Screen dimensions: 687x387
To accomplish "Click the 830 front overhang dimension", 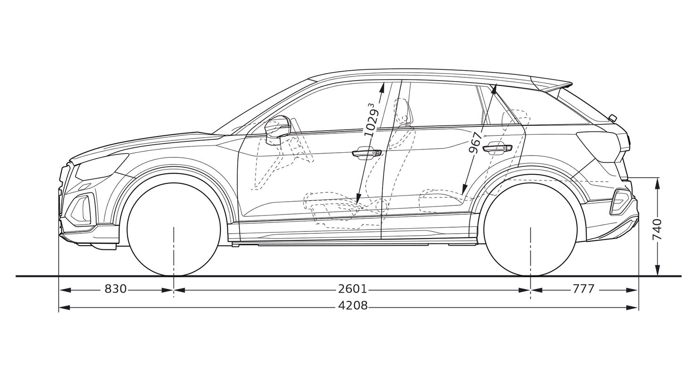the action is tap(115, 288).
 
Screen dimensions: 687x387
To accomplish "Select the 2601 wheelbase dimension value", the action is tap(353, 288).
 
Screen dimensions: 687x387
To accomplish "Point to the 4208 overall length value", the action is tap(353, 305).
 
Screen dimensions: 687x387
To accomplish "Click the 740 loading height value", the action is tap(657, 230).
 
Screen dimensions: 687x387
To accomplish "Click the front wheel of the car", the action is tap(174, 228).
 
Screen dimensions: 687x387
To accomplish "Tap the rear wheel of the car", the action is tap(531, 228).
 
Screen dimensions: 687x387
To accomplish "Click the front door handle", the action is tap(367, 153).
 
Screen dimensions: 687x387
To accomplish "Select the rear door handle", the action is tap(497, 148).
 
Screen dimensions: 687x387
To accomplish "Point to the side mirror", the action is tap(277, 129).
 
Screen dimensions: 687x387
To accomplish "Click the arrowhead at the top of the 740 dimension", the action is tap(657, 183).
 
